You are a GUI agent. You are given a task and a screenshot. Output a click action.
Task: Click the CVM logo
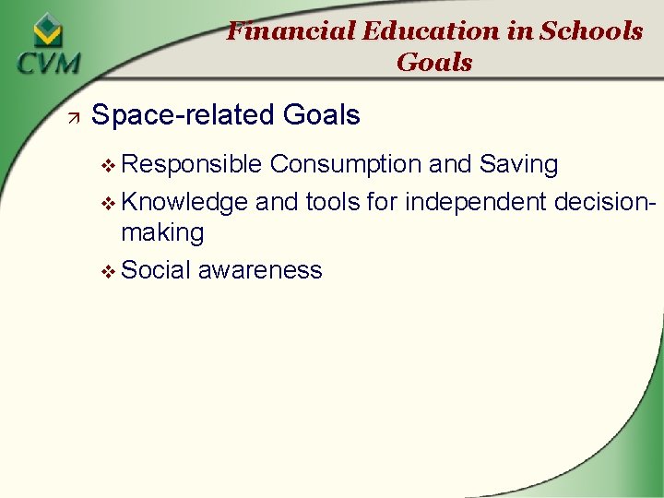[47, 46]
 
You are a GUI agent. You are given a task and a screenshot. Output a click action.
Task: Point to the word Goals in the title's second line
[434, 63]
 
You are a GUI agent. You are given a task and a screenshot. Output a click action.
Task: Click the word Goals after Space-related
[322, 115]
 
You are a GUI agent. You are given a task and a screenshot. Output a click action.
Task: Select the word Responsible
[192, 165]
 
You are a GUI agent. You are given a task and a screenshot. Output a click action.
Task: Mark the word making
[162, 232]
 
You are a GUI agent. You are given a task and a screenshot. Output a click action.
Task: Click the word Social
[157, 270]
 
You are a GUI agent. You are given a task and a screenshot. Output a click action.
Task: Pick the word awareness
[260, 270]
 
